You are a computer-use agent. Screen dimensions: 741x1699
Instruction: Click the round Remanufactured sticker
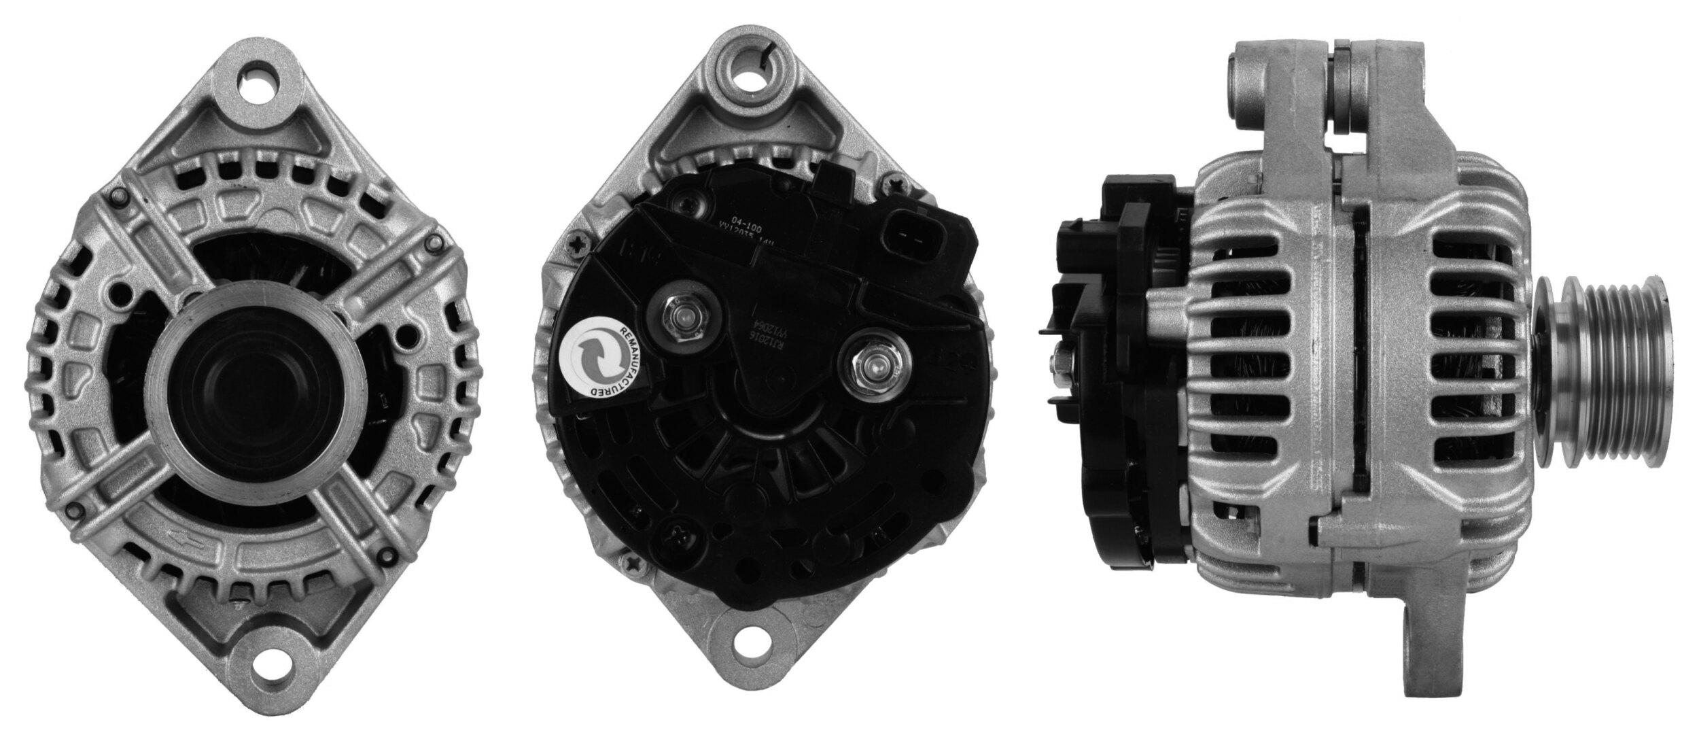click(x=599, y=356)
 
